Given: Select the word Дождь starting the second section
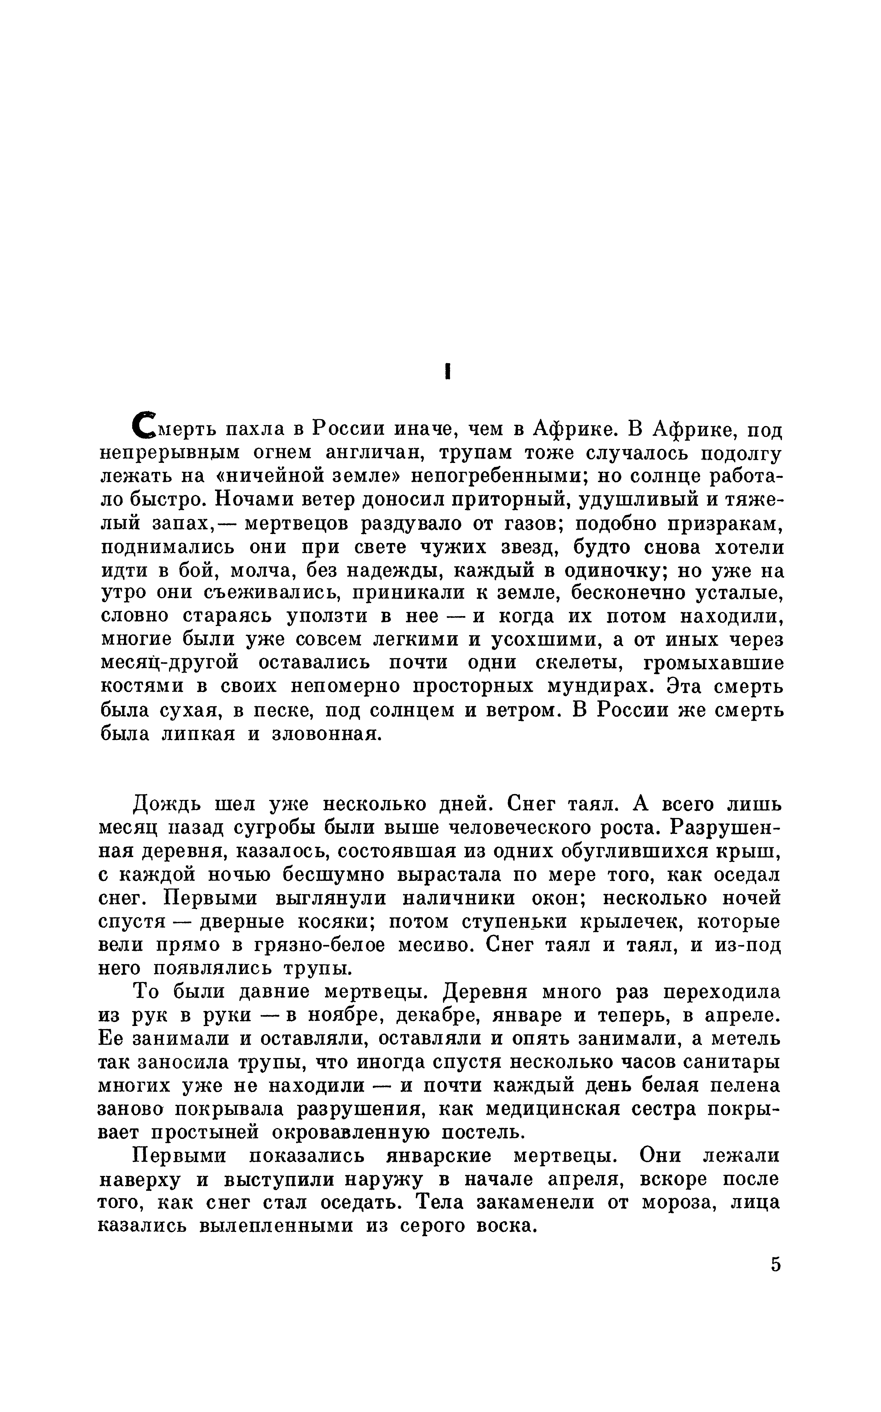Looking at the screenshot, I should tap(167, 804).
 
